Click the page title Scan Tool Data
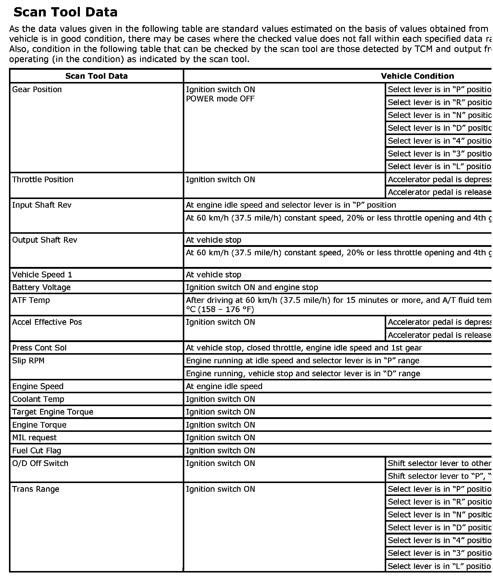tap(66, 12)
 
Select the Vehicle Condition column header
tap(417, 76)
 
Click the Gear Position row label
tap(37, 89)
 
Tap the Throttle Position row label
tap(42, 180)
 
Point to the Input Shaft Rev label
tap(42, 205)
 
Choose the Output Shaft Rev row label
tap(45, 240)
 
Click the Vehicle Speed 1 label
tap(42, 275)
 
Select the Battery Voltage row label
tap(41, 287)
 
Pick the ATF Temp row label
tap(31, 300)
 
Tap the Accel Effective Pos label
tap(47, 322)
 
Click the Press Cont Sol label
tap(39, 348)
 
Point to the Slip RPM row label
tap(28, 361)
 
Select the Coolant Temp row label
tap(38, 399)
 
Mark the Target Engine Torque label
tap(53, 412)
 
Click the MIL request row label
tap(34, 438)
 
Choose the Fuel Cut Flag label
tap(36, 451)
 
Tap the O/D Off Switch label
tap(40, 463)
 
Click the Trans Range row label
tap(36, 489)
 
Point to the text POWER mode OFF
tap(220, 99)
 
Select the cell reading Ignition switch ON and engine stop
tap(252, 287)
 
